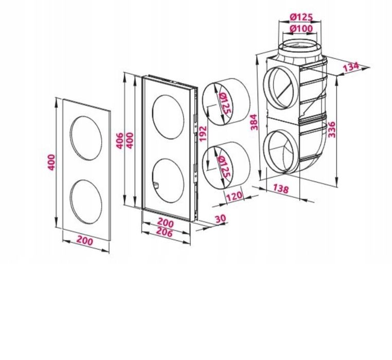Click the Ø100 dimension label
point(301,28)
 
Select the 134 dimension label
point(350,66)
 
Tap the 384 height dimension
point(254,122)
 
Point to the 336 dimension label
point(331,129)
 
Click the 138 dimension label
point(280,188)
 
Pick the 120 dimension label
point(234,196)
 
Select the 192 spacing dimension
point(203,133)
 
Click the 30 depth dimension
point(220,218)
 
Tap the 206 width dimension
point(165,233)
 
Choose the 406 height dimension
point(120,141)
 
